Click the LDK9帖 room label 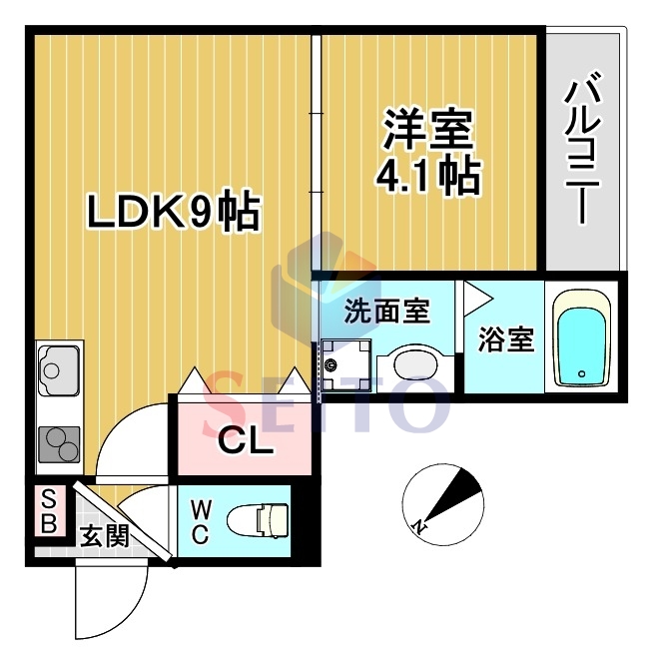click(173, 213)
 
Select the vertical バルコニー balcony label click(583, 151)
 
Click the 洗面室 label click(386, 312)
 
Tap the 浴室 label click(505, 340)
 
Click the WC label click(200, 520)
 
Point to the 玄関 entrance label click(103, 536)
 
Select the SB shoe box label click(45, 510)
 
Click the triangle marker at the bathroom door click(476, 297)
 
